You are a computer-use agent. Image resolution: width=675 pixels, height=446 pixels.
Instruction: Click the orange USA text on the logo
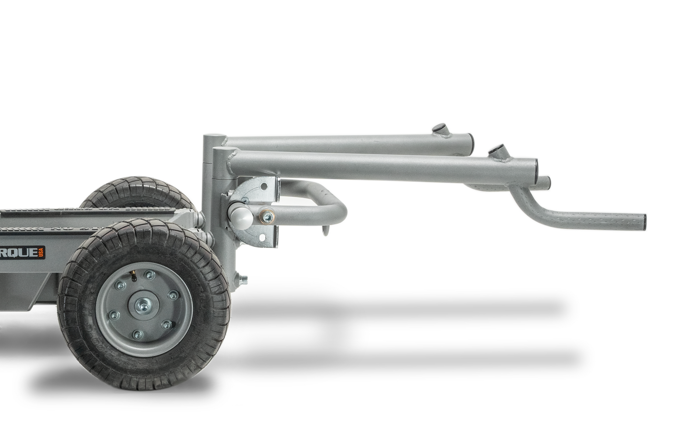coord(41,253)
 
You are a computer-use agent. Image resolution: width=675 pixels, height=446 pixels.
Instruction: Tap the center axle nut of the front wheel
coord(143,306)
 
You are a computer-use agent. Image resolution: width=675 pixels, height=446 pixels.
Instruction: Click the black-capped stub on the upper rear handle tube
coord(440,129)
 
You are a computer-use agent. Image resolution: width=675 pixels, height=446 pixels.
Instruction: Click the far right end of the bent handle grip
coord(644,222)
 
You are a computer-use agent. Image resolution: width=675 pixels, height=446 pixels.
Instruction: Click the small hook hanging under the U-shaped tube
coord(326,231)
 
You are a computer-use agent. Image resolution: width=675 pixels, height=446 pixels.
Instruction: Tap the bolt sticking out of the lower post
coord(243,279)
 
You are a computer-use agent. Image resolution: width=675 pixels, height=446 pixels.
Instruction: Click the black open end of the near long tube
coord(536,170)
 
